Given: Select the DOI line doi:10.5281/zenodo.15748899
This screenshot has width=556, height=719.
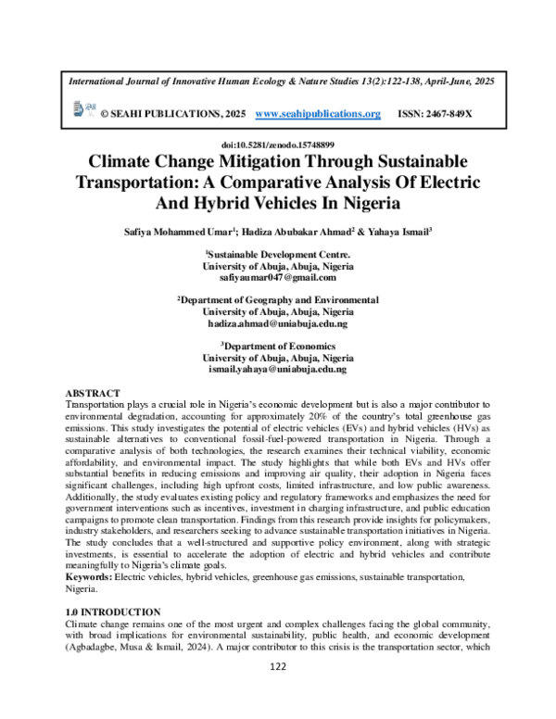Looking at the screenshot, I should point(277,146).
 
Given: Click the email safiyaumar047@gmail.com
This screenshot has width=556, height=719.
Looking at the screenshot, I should point(278,277).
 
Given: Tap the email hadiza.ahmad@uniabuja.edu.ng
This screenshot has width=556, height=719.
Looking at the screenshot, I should point(278,324).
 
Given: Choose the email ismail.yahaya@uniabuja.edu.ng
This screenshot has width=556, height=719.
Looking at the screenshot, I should point(278,370).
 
